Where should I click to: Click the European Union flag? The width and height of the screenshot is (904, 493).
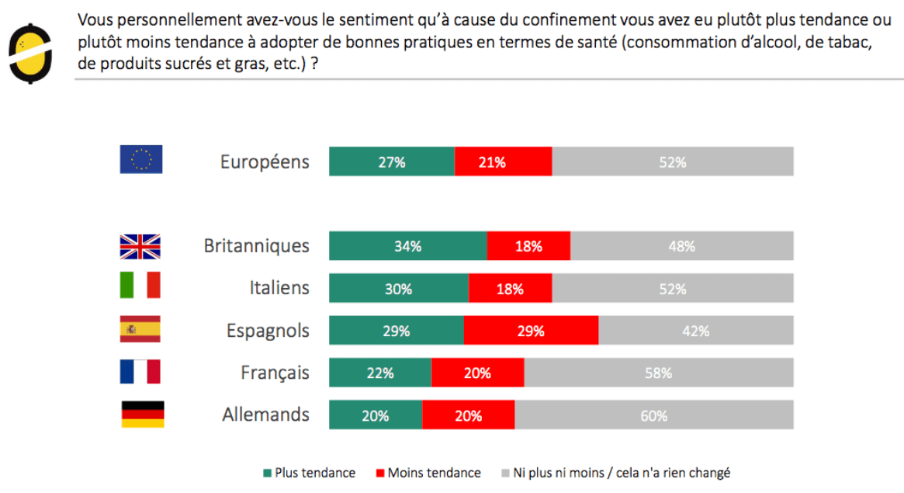(141, 160)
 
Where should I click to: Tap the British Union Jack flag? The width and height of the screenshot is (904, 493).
(140, 246)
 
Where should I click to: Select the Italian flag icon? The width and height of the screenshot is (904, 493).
(140, 286)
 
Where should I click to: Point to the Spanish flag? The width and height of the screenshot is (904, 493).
(140, 329)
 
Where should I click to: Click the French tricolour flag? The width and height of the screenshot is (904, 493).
(140, 372)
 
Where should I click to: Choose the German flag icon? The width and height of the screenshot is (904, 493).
(143, 415)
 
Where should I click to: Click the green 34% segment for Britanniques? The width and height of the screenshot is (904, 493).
(407, 246)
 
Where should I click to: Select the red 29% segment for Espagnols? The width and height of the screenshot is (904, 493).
(531, 331)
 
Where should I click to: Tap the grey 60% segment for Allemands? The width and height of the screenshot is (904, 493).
(654, 415)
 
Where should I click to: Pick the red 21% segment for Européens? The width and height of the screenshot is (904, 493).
(503, 161)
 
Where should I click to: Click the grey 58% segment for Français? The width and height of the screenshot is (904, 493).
(658, 373)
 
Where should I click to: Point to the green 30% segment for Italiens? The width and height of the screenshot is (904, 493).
(398, 288)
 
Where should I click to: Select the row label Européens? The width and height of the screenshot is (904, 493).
(265, 161)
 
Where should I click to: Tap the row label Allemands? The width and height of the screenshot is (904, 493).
(265, 415)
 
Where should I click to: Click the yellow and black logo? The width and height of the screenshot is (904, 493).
(30, 53)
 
